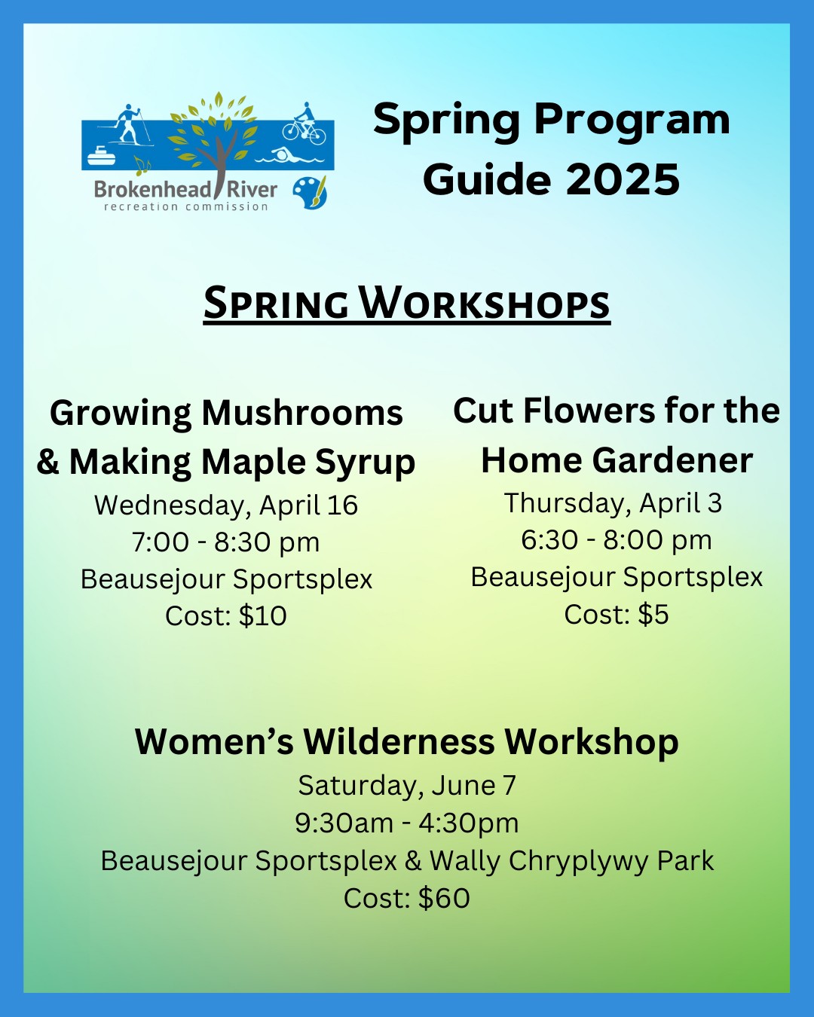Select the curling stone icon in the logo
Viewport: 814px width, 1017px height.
pos(101,156)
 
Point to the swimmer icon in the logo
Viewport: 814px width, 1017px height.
pos(289,155)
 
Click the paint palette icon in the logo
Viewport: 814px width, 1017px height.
pos(310,192)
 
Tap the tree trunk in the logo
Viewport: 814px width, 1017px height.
pos(219,166)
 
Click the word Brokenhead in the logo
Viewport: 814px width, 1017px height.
pos(152,190)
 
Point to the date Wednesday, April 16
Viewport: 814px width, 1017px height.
pos(226,505)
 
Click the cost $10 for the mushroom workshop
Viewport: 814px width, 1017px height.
pos(263,615)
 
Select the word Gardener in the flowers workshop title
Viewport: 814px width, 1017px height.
pos(672,460)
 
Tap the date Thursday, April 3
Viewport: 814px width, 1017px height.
pos(613,502)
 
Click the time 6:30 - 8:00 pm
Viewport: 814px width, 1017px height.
pos(617,539)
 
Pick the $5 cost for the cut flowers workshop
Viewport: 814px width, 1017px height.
pos(653,615)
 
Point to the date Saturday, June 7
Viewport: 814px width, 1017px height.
pos(407,786)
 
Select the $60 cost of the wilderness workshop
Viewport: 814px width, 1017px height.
pos(445,898)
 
